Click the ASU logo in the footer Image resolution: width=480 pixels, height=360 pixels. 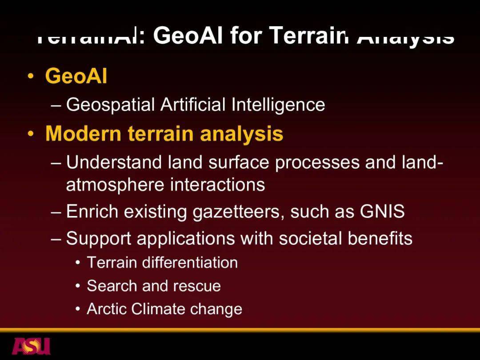coord(31,346)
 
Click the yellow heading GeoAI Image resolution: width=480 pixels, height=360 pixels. coord(76,76)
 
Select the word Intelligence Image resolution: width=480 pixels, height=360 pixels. coord(278,105)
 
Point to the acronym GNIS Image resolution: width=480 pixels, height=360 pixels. coord(382,212)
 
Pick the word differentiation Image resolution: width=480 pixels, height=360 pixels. coord(190,263)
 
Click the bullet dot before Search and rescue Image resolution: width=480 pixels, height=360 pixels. coord(78,286)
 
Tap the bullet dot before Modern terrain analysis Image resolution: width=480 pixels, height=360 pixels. coord(30,134)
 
